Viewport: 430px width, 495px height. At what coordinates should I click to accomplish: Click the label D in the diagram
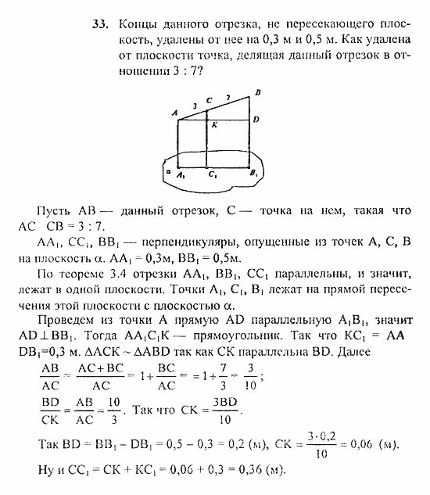click(257, 120)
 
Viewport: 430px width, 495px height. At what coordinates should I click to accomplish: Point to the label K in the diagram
click(213, 124)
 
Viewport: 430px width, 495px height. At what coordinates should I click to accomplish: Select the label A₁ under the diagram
click(181, 176)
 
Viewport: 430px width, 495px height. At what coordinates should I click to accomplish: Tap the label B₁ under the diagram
click(254, 175)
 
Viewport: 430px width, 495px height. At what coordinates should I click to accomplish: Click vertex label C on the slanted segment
click(209, 100)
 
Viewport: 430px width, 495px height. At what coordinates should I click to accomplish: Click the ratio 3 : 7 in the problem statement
click(185, 70)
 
